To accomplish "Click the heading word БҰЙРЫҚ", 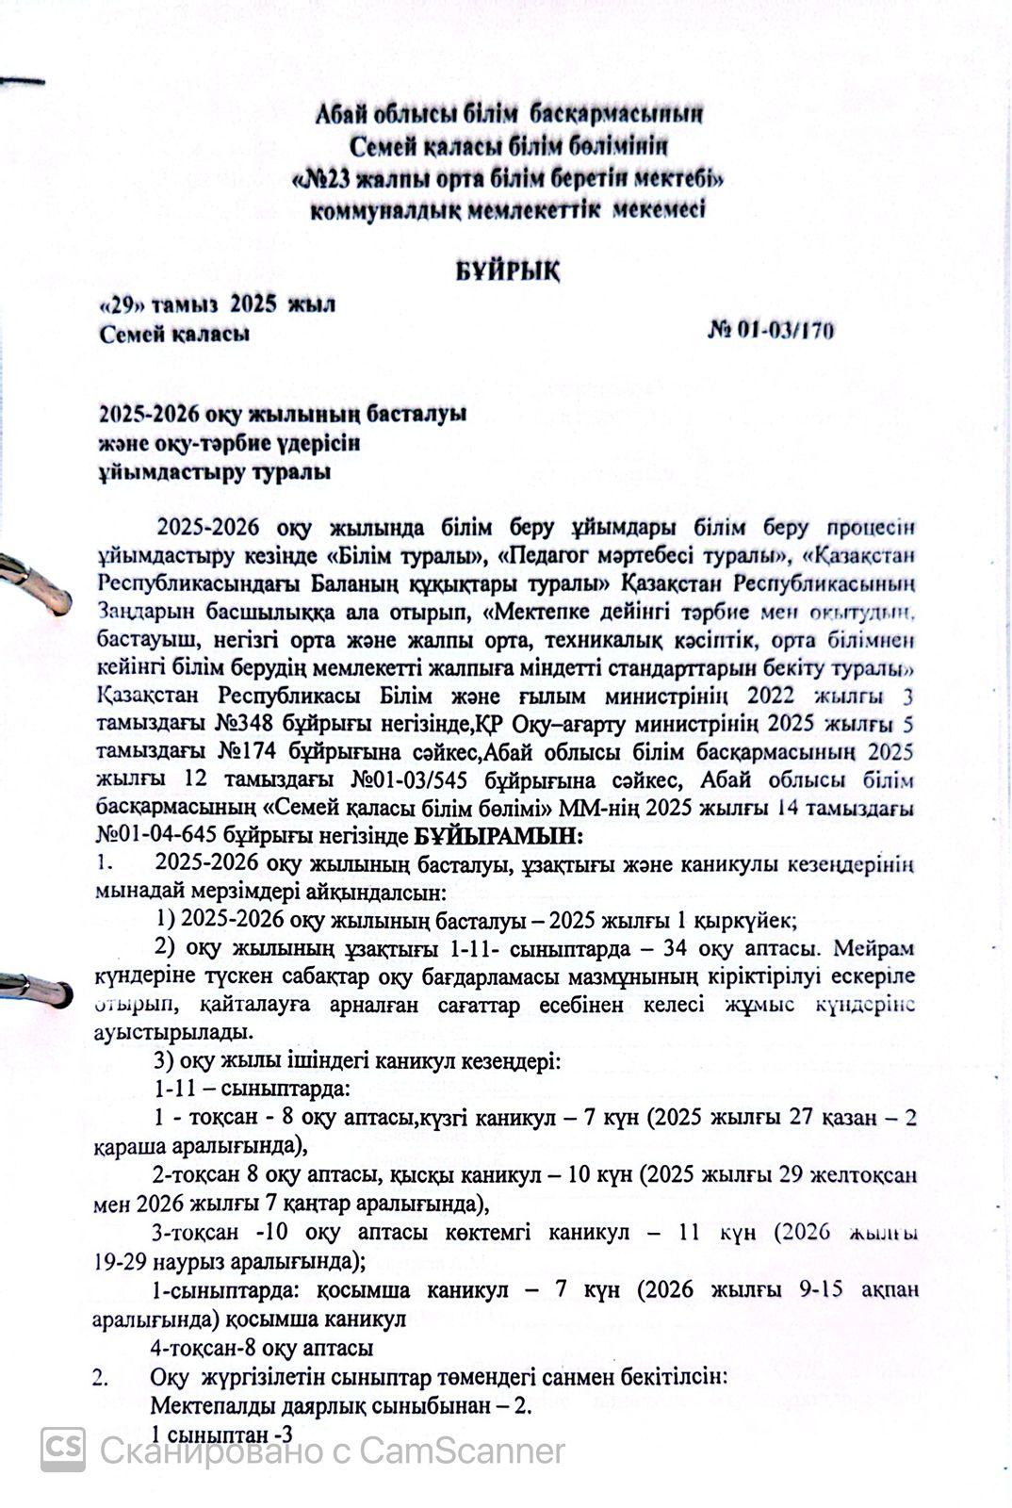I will [x=508, y=271].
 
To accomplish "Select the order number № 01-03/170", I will [x=770, y=330].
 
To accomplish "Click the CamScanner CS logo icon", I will [x=63, y=1450].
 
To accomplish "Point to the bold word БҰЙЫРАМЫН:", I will [x=498, y=835].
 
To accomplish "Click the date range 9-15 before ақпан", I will [x=820, y=1289].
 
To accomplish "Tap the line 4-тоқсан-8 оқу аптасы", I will [x=265, y=1348].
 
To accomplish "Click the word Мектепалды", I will [x=206, y=1406].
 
